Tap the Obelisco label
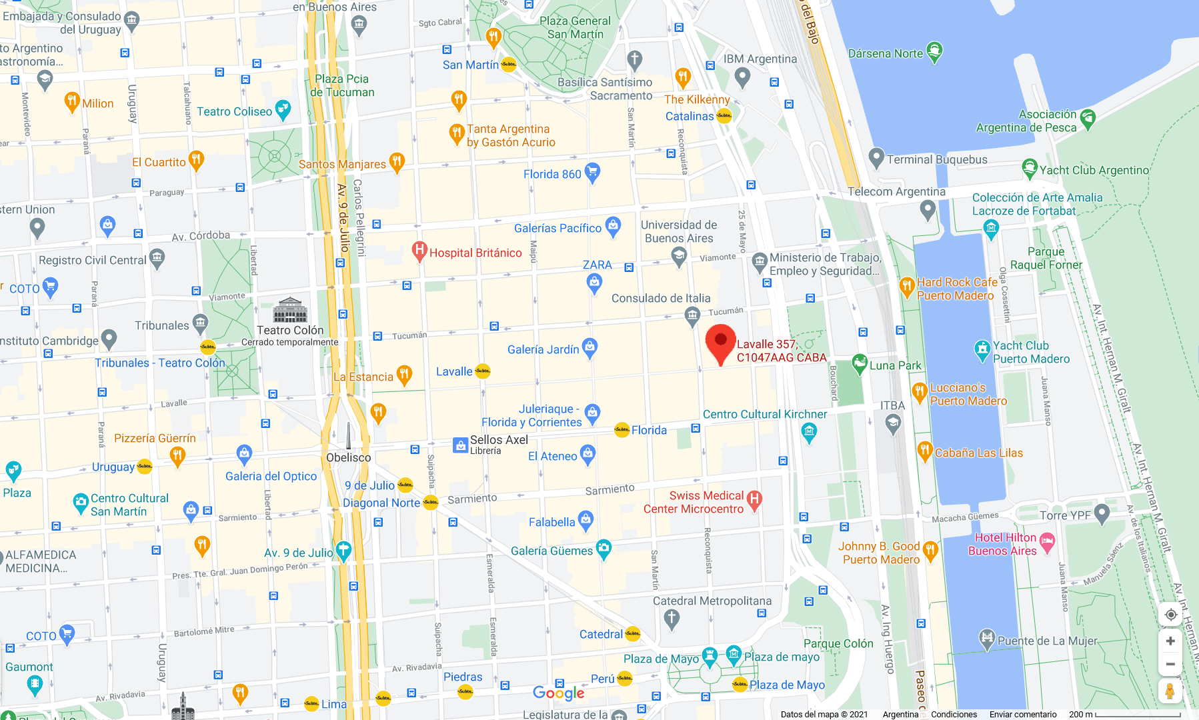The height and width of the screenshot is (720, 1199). (348, 457)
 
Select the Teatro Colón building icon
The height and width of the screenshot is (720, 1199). (290, 310)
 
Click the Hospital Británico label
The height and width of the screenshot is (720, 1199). (475, 253)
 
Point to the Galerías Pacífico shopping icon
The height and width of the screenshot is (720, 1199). (613, 226)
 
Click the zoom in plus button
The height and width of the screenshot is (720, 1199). (1170, 641)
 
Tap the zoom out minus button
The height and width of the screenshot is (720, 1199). (1170, 664)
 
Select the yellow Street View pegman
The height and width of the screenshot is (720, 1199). (1170, 691)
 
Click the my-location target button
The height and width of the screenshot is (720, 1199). (1170, 615)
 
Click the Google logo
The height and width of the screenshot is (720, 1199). (559, 693)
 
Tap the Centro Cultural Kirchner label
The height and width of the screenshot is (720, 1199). (764, 414)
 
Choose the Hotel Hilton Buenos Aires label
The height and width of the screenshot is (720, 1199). (1004, 544)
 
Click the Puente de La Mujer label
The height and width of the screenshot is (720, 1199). (1047, 641)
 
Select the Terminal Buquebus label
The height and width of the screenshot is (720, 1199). (936, 159)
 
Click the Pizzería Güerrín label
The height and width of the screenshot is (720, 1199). (155, 438)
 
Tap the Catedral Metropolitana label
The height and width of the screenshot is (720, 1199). (712, 601)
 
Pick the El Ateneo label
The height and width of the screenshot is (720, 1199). (552, 456)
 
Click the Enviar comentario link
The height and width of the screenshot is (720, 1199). (1022, 714)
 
